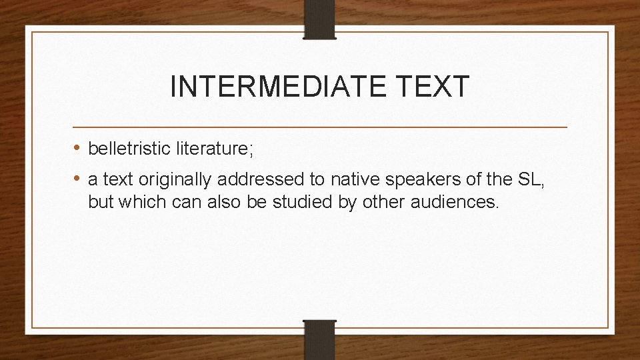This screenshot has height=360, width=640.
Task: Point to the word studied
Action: click(x=306, y=202)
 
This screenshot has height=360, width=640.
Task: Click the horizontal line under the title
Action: click(x=320, y=126)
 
